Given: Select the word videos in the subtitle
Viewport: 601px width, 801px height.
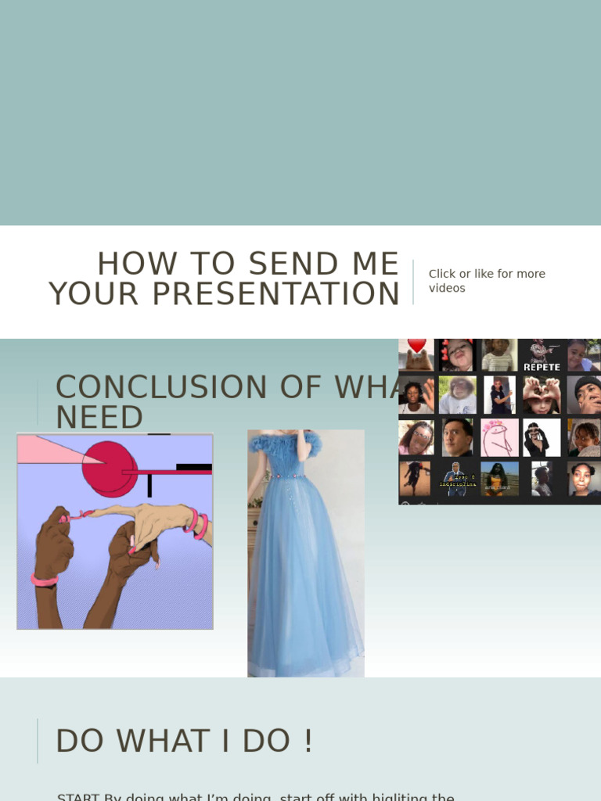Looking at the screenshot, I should (447, 288).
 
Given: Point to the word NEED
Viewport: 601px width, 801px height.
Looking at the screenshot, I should (99, 418).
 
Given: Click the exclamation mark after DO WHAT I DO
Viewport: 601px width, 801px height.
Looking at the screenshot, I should (309, 741).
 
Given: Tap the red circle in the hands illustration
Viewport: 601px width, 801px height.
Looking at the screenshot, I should (108, 468).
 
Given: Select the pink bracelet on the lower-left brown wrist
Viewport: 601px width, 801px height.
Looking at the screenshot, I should (45, 580).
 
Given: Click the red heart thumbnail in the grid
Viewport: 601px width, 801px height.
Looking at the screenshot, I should (416, 354).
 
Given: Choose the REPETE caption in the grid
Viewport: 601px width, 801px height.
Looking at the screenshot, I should (542, 366).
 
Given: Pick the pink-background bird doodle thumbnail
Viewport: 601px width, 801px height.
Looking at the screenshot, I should (499, 437).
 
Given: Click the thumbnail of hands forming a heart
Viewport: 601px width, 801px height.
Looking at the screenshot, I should (542, 395).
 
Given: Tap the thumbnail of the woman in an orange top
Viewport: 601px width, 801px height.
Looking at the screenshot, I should (499, 479).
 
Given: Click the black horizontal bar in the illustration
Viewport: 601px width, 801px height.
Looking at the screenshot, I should (193, 468).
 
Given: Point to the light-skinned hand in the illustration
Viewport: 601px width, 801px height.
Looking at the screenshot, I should (157, 519).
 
